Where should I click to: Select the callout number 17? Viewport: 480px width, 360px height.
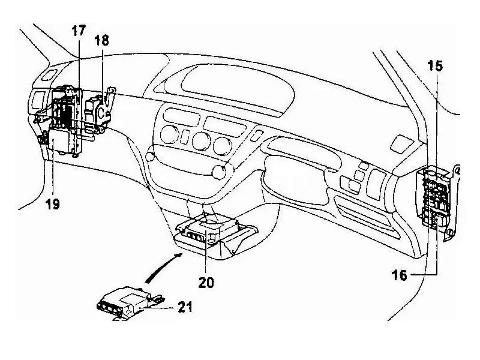point(79,31)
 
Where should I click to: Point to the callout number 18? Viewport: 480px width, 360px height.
point(102,41)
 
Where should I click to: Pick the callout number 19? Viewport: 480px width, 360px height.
point(52,203)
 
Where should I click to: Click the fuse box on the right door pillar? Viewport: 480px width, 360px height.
point(436,198)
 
